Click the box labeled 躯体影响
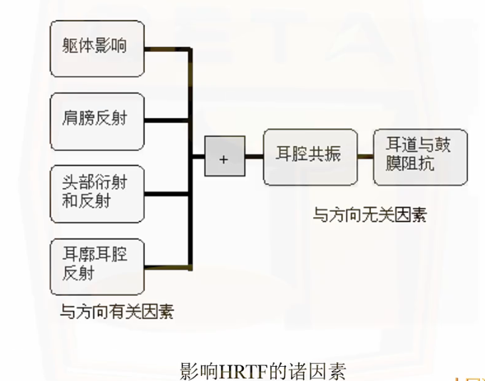pos(97,48)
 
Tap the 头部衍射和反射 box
pos(97,192)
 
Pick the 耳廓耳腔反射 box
pos(97,265)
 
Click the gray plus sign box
pos(225,156)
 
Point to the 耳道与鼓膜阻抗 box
pos(421,156)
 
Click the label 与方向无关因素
pos(369,214)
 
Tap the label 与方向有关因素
pos(117,311)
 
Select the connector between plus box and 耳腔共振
pos(254,156)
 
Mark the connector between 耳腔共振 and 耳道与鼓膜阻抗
pos(366,156)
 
